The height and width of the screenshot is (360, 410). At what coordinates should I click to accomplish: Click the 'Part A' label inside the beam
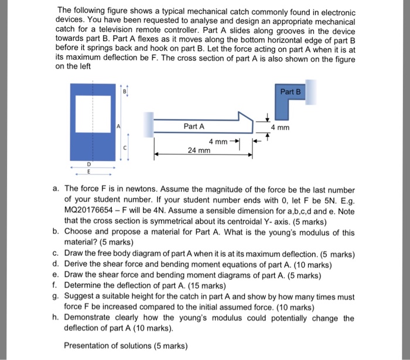click(x=194, y=126)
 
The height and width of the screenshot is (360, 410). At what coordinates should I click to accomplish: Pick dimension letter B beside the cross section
click(x=124, y=91)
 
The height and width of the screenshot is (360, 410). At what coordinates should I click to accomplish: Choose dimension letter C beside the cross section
click(x=124, y=148)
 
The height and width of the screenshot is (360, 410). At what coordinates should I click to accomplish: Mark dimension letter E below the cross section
click(x=89, y=173)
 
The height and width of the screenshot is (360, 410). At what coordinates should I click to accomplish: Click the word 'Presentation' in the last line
click(x=87, y=345)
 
